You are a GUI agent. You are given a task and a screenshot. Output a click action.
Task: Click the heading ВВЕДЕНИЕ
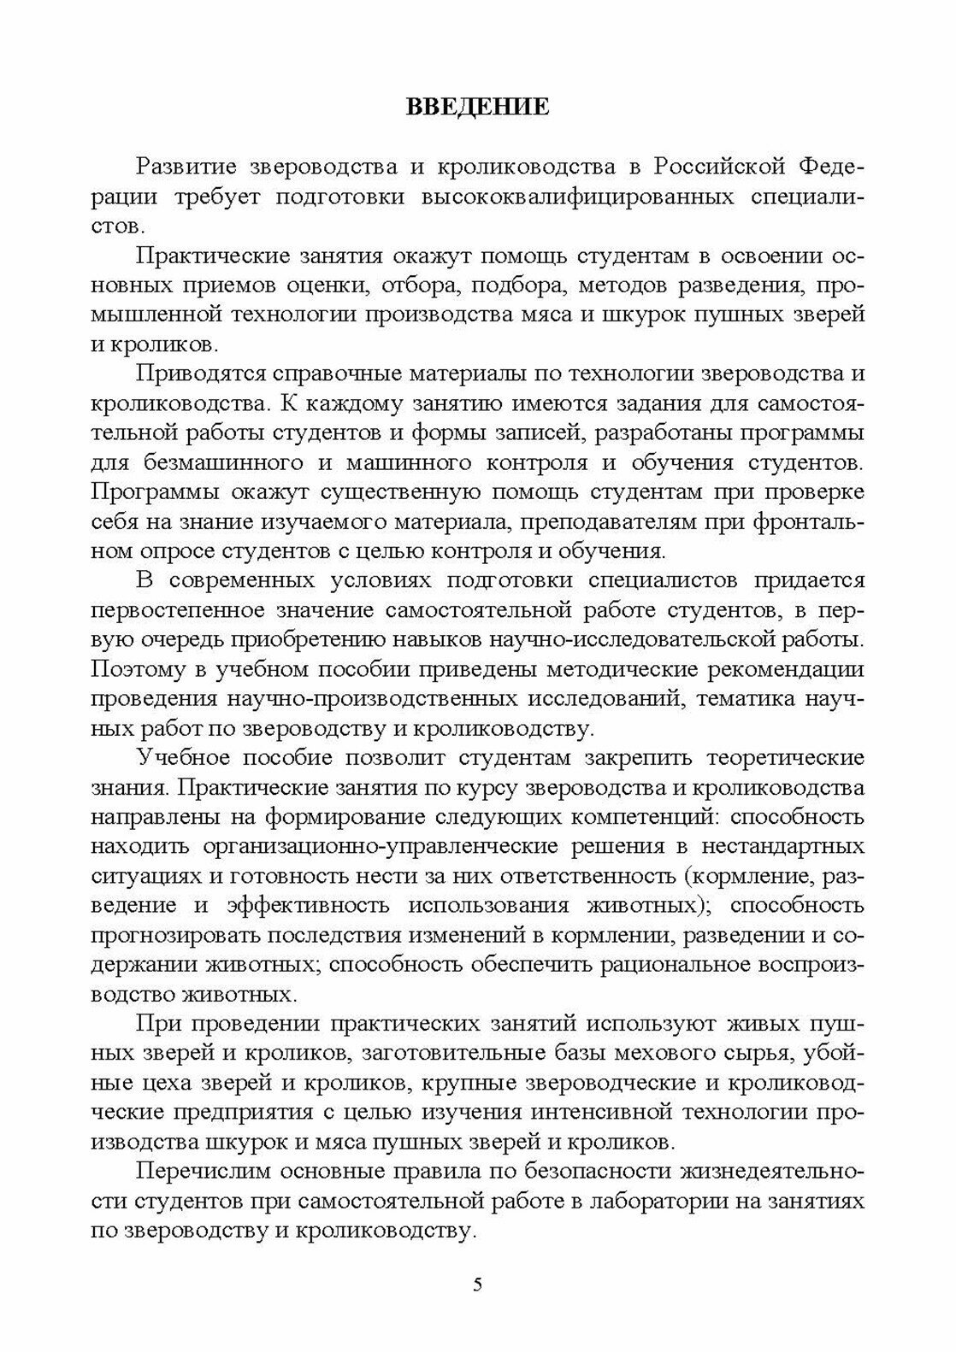tap(476, 108)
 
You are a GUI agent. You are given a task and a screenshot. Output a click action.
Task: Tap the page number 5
tap(478, 1284)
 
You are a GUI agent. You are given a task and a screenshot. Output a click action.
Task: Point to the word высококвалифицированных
tap(577, 197)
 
